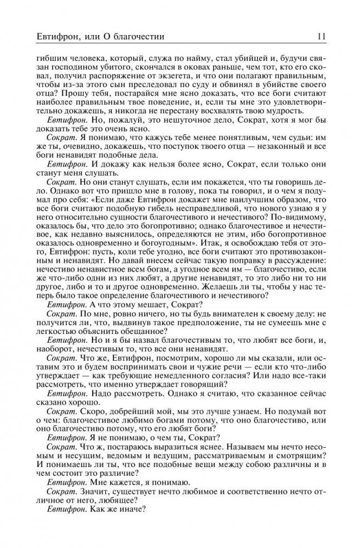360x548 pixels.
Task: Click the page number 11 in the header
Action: click(x=322, y=37)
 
